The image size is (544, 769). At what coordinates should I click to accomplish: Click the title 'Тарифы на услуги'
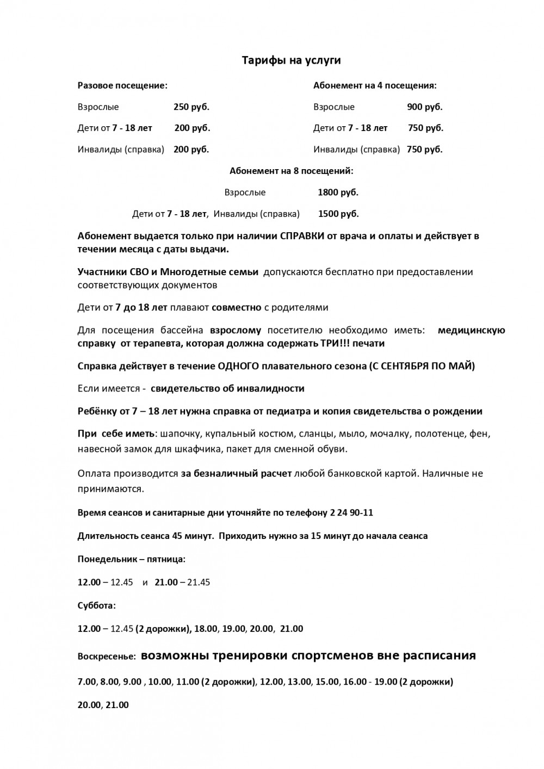pos(291,60)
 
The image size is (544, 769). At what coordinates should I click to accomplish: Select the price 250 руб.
pos(191,107)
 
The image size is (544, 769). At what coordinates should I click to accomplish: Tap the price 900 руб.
pos(425,107)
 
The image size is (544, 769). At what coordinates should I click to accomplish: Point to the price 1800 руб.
pos(338,193)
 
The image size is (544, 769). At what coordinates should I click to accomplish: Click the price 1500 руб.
pos(338,214)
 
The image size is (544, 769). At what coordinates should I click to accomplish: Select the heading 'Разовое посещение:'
pos(122,85)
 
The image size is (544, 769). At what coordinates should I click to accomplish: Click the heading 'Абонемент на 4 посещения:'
pos(375,85)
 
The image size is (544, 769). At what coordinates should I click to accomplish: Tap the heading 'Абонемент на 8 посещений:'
pos(291,171)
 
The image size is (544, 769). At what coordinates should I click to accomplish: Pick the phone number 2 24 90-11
pos(351,513)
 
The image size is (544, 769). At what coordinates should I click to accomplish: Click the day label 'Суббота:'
pos(96,605)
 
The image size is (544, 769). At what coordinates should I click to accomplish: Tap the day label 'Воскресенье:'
pos(106,656)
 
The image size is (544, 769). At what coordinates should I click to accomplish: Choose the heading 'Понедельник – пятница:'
pos(131,559)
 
